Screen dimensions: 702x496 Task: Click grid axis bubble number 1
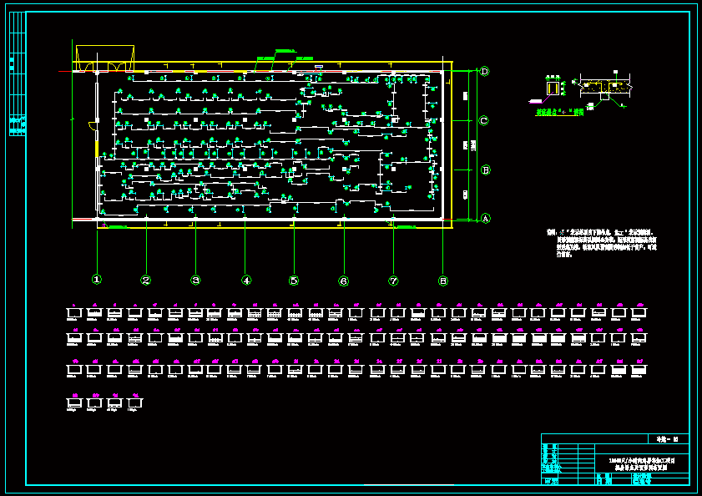pos(97,280)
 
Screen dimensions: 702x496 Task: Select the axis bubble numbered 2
pos(146,281)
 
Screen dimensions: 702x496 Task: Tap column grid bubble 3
pos(195,281)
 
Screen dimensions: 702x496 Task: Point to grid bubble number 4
pos(245,281)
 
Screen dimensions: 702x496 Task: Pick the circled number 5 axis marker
pos(294,281)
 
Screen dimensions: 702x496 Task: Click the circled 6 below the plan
pos(343,281)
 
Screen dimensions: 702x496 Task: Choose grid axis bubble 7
pos(393,281)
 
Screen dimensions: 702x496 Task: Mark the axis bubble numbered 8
pos(443,281)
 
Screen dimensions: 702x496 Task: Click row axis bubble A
pos(484,219)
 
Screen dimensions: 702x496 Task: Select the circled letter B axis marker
pos(484,170)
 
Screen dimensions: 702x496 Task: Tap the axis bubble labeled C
pos(484,121)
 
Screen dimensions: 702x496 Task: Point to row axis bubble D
pos(484,72)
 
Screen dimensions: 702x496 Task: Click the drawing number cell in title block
pos(669,438)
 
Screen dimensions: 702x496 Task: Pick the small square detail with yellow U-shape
pos(552,87)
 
